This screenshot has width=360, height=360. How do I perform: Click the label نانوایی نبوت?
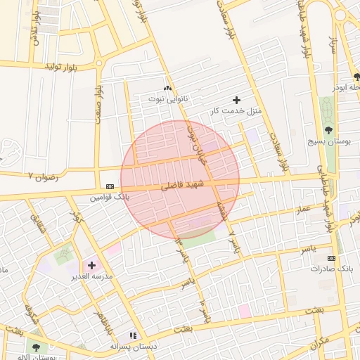(168, 99)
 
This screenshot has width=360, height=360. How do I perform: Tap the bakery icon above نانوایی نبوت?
(167, 88)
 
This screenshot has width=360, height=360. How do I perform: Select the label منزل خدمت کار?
(236, 111)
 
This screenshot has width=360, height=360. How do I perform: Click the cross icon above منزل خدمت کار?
(236, 100)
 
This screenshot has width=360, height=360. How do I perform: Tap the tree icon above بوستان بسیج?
(328, 129)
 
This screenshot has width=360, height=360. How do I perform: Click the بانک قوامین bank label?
(109, 198)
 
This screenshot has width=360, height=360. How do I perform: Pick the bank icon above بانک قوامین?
(109, 186)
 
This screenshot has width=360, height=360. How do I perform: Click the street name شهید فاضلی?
(182, 186)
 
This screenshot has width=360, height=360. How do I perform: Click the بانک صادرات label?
(330, 269)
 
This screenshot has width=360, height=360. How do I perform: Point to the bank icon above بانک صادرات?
(330, 258)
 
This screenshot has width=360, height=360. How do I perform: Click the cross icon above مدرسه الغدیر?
(91, 265)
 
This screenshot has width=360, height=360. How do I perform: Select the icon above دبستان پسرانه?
(131, 336)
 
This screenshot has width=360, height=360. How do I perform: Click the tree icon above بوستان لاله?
(36, 347)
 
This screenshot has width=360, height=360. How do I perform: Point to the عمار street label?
(303, 210)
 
